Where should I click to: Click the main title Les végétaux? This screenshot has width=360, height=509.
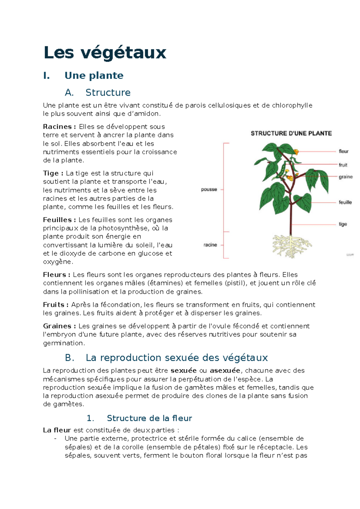105,53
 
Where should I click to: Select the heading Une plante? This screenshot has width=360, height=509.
94,75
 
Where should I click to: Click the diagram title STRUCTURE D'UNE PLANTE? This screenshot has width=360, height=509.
291,133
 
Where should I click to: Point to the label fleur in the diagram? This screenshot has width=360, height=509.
343,151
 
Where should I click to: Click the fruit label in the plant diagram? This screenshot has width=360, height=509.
343,165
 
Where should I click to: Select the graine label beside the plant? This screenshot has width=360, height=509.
346,177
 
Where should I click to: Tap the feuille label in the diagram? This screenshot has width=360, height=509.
345,202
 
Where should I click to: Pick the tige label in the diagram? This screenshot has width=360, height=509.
343,224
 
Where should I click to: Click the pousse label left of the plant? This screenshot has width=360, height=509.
209,189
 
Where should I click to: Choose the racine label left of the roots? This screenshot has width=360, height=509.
210,245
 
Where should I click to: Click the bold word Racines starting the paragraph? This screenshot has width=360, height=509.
57,127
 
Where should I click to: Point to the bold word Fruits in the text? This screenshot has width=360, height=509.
54,305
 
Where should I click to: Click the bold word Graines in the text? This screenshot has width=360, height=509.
57,326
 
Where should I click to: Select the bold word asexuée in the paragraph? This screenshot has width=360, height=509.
225,370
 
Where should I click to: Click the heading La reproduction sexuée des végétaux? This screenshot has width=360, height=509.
176,357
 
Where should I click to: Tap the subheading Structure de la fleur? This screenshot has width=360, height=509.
149,418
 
